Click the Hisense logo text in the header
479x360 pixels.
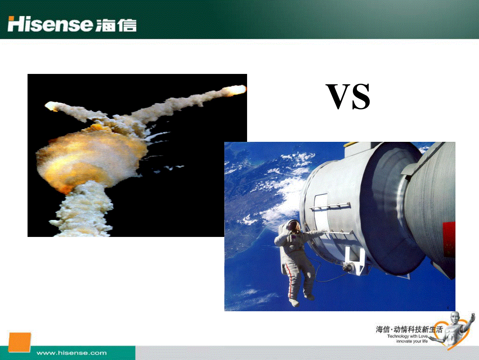coord(50,24)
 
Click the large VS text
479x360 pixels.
coord(348,96)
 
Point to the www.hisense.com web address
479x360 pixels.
coord(71,353)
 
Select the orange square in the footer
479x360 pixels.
coord(20,342)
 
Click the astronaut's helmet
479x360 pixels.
coord(293,226)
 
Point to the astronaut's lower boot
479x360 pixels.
coord(294,302)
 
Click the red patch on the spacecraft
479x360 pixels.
coord(449,240)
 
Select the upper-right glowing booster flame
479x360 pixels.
coord(235,90)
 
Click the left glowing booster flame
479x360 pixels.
coord(52,106)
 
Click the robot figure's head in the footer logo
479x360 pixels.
coord(455,318)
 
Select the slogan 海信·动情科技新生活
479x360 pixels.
coord(409,329)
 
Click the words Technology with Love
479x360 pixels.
coord(407,336)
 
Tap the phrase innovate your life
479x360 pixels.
coord(412,341)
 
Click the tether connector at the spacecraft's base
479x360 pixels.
coord(347,267)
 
